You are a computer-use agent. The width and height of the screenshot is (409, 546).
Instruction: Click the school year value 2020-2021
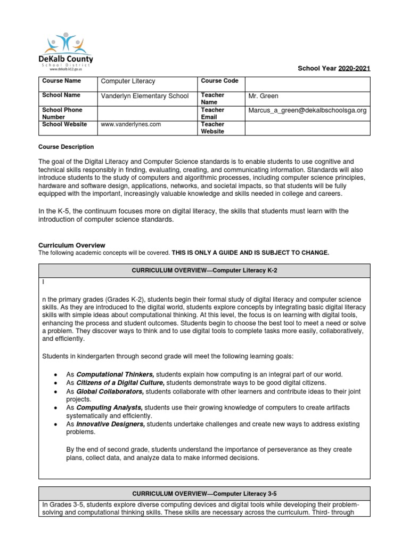354,69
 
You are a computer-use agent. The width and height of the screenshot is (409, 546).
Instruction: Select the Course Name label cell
61,81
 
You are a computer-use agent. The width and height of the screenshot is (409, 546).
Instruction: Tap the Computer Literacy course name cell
128,81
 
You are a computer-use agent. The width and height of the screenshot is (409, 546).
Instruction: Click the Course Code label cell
219,81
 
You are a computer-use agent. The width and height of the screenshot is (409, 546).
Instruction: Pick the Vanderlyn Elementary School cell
145,96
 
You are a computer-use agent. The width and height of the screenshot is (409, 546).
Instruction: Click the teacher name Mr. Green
264,96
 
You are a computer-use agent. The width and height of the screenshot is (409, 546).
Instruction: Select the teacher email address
307,110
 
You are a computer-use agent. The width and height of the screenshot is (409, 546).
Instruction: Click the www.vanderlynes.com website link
130,124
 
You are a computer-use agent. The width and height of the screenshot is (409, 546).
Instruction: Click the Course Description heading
66,147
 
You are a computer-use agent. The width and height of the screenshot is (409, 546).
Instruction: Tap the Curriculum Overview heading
72,245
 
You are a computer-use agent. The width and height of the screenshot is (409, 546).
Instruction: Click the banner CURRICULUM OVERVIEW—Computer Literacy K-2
204,270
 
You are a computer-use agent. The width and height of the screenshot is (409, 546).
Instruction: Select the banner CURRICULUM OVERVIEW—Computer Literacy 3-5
204,493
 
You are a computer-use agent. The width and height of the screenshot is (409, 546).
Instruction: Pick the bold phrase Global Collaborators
110,391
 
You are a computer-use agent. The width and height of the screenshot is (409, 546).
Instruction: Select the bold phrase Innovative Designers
111,424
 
